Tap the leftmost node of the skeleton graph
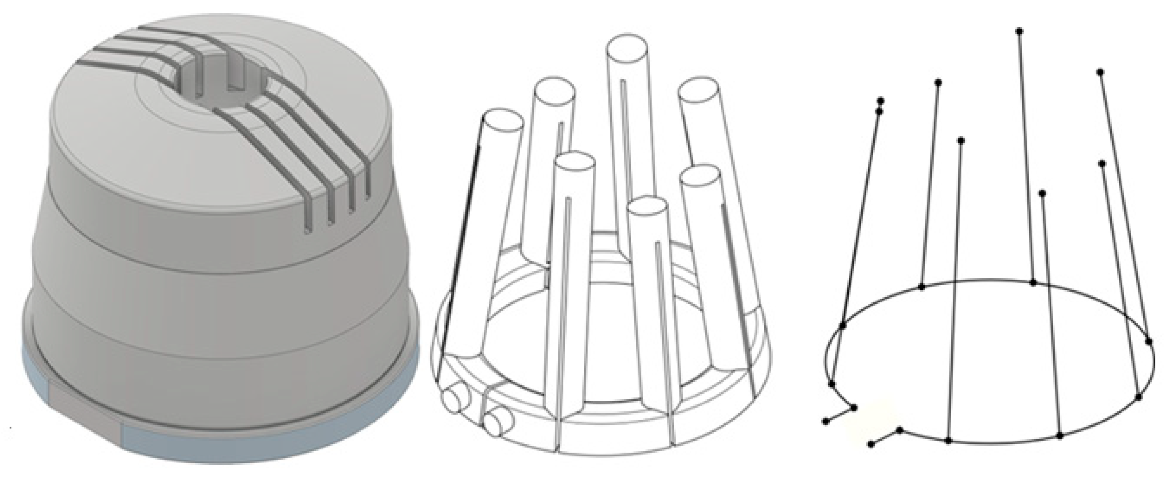[826, 422]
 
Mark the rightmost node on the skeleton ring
[1149, 341]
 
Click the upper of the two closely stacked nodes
[881, 101]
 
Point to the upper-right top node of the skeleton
[1100, 72]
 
